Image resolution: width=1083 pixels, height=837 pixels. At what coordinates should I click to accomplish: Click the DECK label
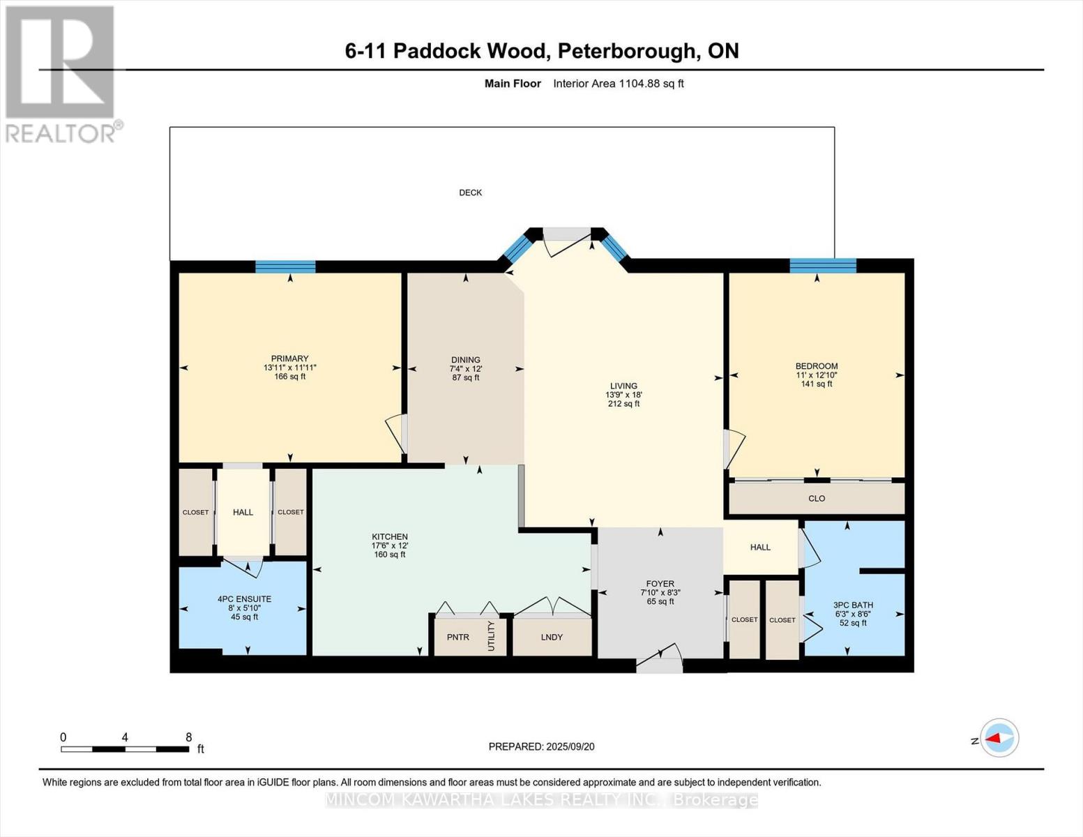click(x=470, y=193)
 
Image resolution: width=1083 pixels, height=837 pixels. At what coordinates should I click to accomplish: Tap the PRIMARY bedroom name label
click(x=289, y=359)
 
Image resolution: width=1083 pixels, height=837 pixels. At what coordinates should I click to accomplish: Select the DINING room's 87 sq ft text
click(x=466, y=378)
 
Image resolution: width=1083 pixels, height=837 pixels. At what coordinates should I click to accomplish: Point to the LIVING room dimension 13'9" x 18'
click(x=623, y=395)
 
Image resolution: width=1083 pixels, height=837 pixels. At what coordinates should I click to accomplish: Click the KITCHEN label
click(x=389, y=536)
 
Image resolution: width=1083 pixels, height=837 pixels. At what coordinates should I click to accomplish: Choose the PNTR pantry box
click(x=458, y=637)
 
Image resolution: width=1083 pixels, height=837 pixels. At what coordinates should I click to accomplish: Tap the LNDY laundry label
click(x=551, y=637)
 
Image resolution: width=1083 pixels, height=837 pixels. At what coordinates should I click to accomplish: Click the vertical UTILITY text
click(x=491, y=636)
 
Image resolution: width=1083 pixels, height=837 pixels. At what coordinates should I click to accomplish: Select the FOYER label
click(x=660, y=584)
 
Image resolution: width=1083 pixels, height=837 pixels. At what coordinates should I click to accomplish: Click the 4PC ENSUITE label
click(x=244, y=599)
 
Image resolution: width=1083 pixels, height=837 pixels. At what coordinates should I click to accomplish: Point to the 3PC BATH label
click(x=853, y=605)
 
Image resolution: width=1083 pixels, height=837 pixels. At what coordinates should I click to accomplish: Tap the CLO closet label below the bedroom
click(x=817, y=498)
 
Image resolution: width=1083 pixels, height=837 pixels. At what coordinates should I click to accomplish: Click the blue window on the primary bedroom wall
click(x=285, y=266)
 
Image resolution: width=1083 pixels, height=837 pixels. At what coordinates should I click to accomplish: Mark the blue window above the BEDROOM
click(x=823, y=265)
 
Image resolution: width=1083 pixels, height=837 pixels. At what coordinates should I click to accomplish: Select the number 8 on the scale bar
click(x=188, y=737)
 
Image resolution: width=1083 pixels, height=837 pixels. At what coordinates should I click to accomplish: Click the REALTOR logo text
click(x=61, y=133)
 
